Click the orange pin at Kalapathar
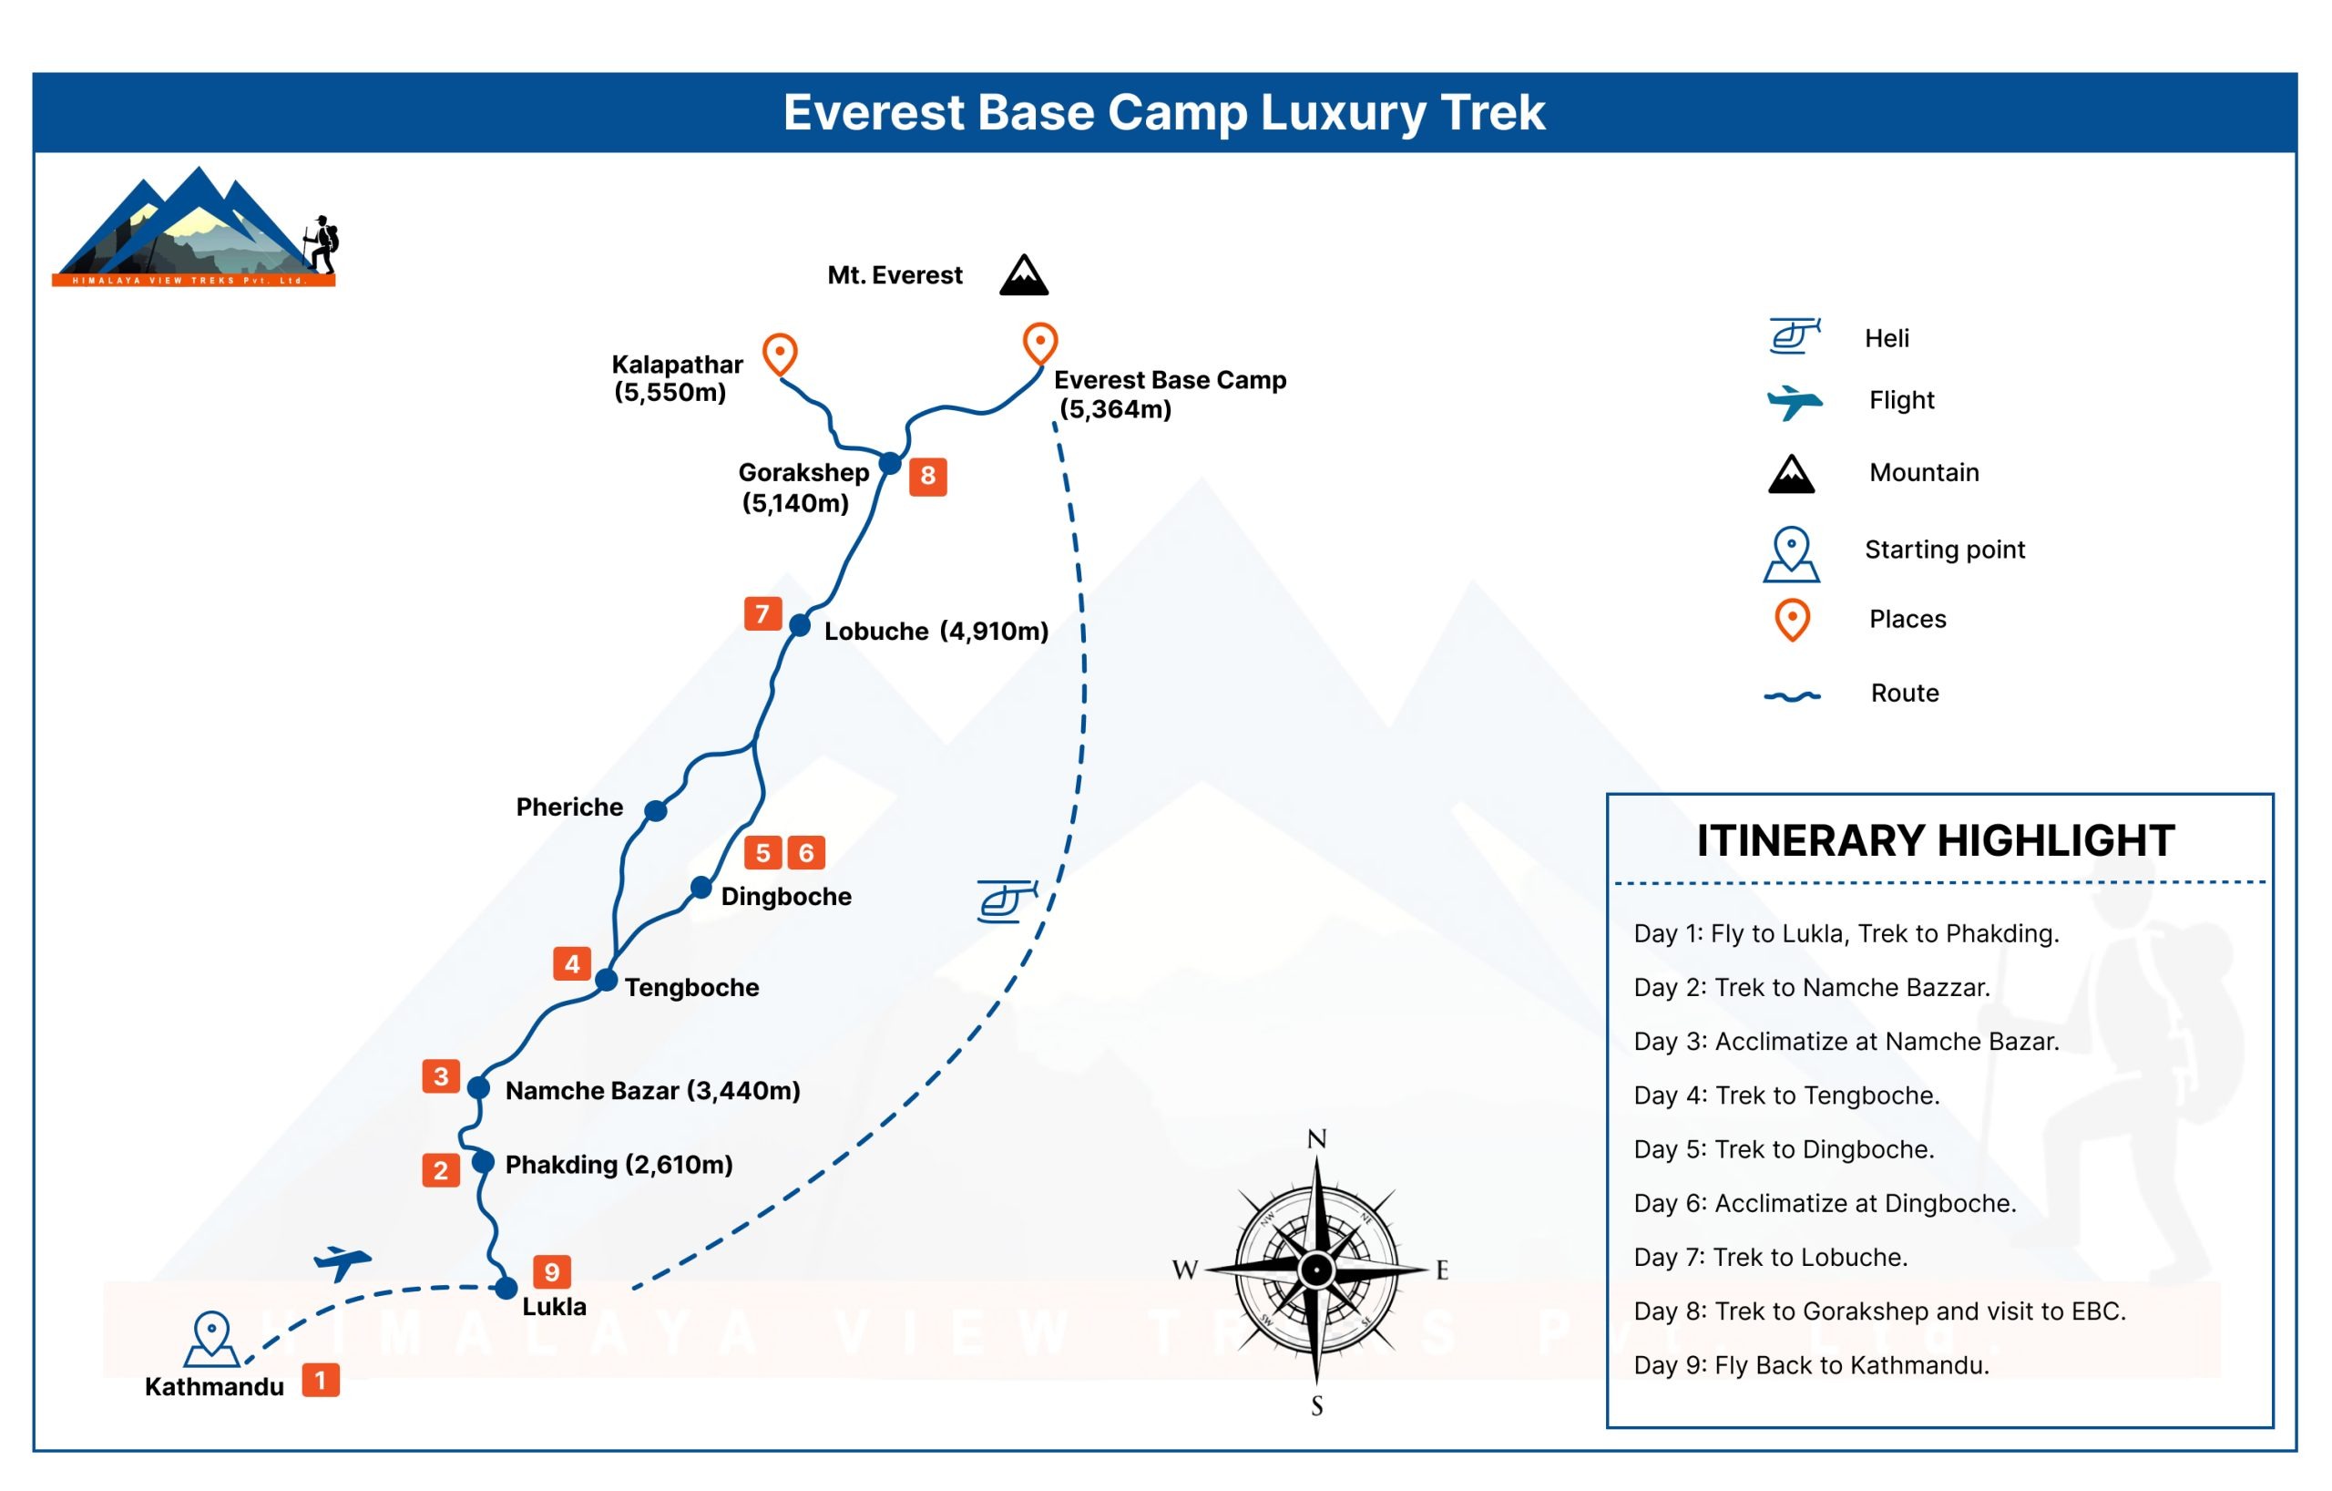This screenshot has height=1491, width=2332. (780, 354)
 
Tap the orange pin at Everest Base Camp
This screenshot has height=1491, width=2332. (1040, 343)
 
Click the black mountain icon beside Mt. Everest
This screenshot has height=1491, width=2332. (1024, 275)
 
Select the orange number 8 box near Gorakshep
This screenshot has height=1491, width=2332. (927, 477)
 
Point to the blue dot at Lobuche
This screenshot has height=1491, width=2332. (800, 626)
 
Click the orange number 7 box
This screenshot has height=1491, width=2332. (763, 614)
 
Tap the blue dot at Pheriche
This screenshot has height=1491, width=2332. (656, 811)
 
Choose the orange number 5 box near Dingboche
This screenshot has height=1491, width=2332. (763, 852)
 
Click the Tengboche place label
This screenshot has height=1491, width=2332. (691, 987)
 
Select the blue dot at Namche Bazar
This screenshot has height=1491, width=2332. (478, 1088)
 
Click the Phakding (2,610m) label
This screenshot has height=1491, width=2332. (619, 1165)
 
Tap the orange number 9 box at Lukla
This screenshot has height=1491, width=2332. (552, 1272)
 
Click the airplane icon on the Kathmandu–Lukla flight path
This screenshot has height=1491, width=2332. (342, 1262)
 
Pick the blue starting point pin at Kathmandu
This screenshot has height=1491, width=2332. (211, 1340)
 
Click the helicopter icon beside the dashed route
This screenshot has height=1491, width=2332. (1007, 901)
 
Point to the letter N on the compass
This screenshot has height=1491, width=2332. (1317, 1139)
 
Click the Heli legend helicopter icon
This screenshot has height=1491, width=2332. (1794, 336)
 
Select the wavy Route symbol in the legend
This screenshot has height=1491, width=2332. (1793, 695)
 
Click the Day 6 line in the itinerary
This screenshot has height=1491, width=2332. (1825, 1203)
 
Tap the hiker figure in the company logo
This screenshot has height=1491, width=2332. (322, 244)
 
